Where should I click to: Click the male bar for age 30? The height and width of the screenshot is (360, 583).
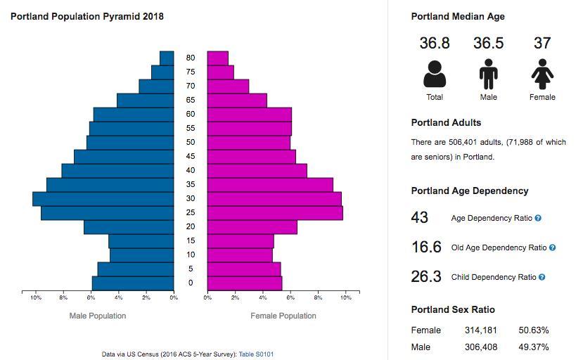(103, 199)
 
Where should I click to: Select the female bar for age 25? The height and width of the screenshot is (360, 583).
(275, 213)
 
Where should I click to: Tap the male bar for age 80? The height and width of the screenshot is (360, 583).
(167, 58)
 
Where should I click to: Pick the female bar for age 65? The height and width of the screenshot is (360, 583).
(237, 101)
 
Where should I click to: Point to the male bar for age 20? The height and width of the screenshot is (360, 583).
(129, 227)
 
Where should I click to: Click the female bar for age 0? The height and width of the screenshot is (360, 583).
(245, 283)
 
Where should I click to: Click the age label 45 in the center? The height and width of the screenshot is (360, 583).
(191, 156)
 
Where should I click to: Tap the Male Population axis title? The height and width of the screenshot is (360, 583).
(98, 316)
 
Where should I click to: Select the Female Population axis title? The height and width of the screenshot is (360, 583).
(283, 316)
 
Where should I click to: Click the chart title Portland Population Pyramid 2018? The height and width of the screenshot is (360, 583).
(87, 16)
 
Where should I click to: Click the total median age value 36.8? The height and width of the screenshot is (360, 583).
(435, 44)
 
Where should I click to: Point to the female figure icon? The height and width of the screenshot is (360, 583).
(542, 74)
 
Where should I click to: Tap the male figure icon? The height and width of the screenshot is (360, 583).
(488, 74)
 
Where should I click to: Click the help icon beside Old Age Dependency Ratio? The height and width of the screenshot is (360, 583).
(552, 247)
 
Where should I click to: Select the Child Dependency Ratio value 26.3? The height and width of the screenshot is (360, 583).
(426, 277)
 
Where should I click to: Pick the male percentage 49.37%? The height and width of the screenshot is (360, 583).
(534, 347)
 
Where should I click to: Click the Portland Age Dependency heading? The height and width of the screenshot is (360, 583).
(470, 191)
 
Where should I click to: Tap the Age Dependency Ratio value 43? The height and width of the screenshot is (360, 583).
(420, 218)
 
